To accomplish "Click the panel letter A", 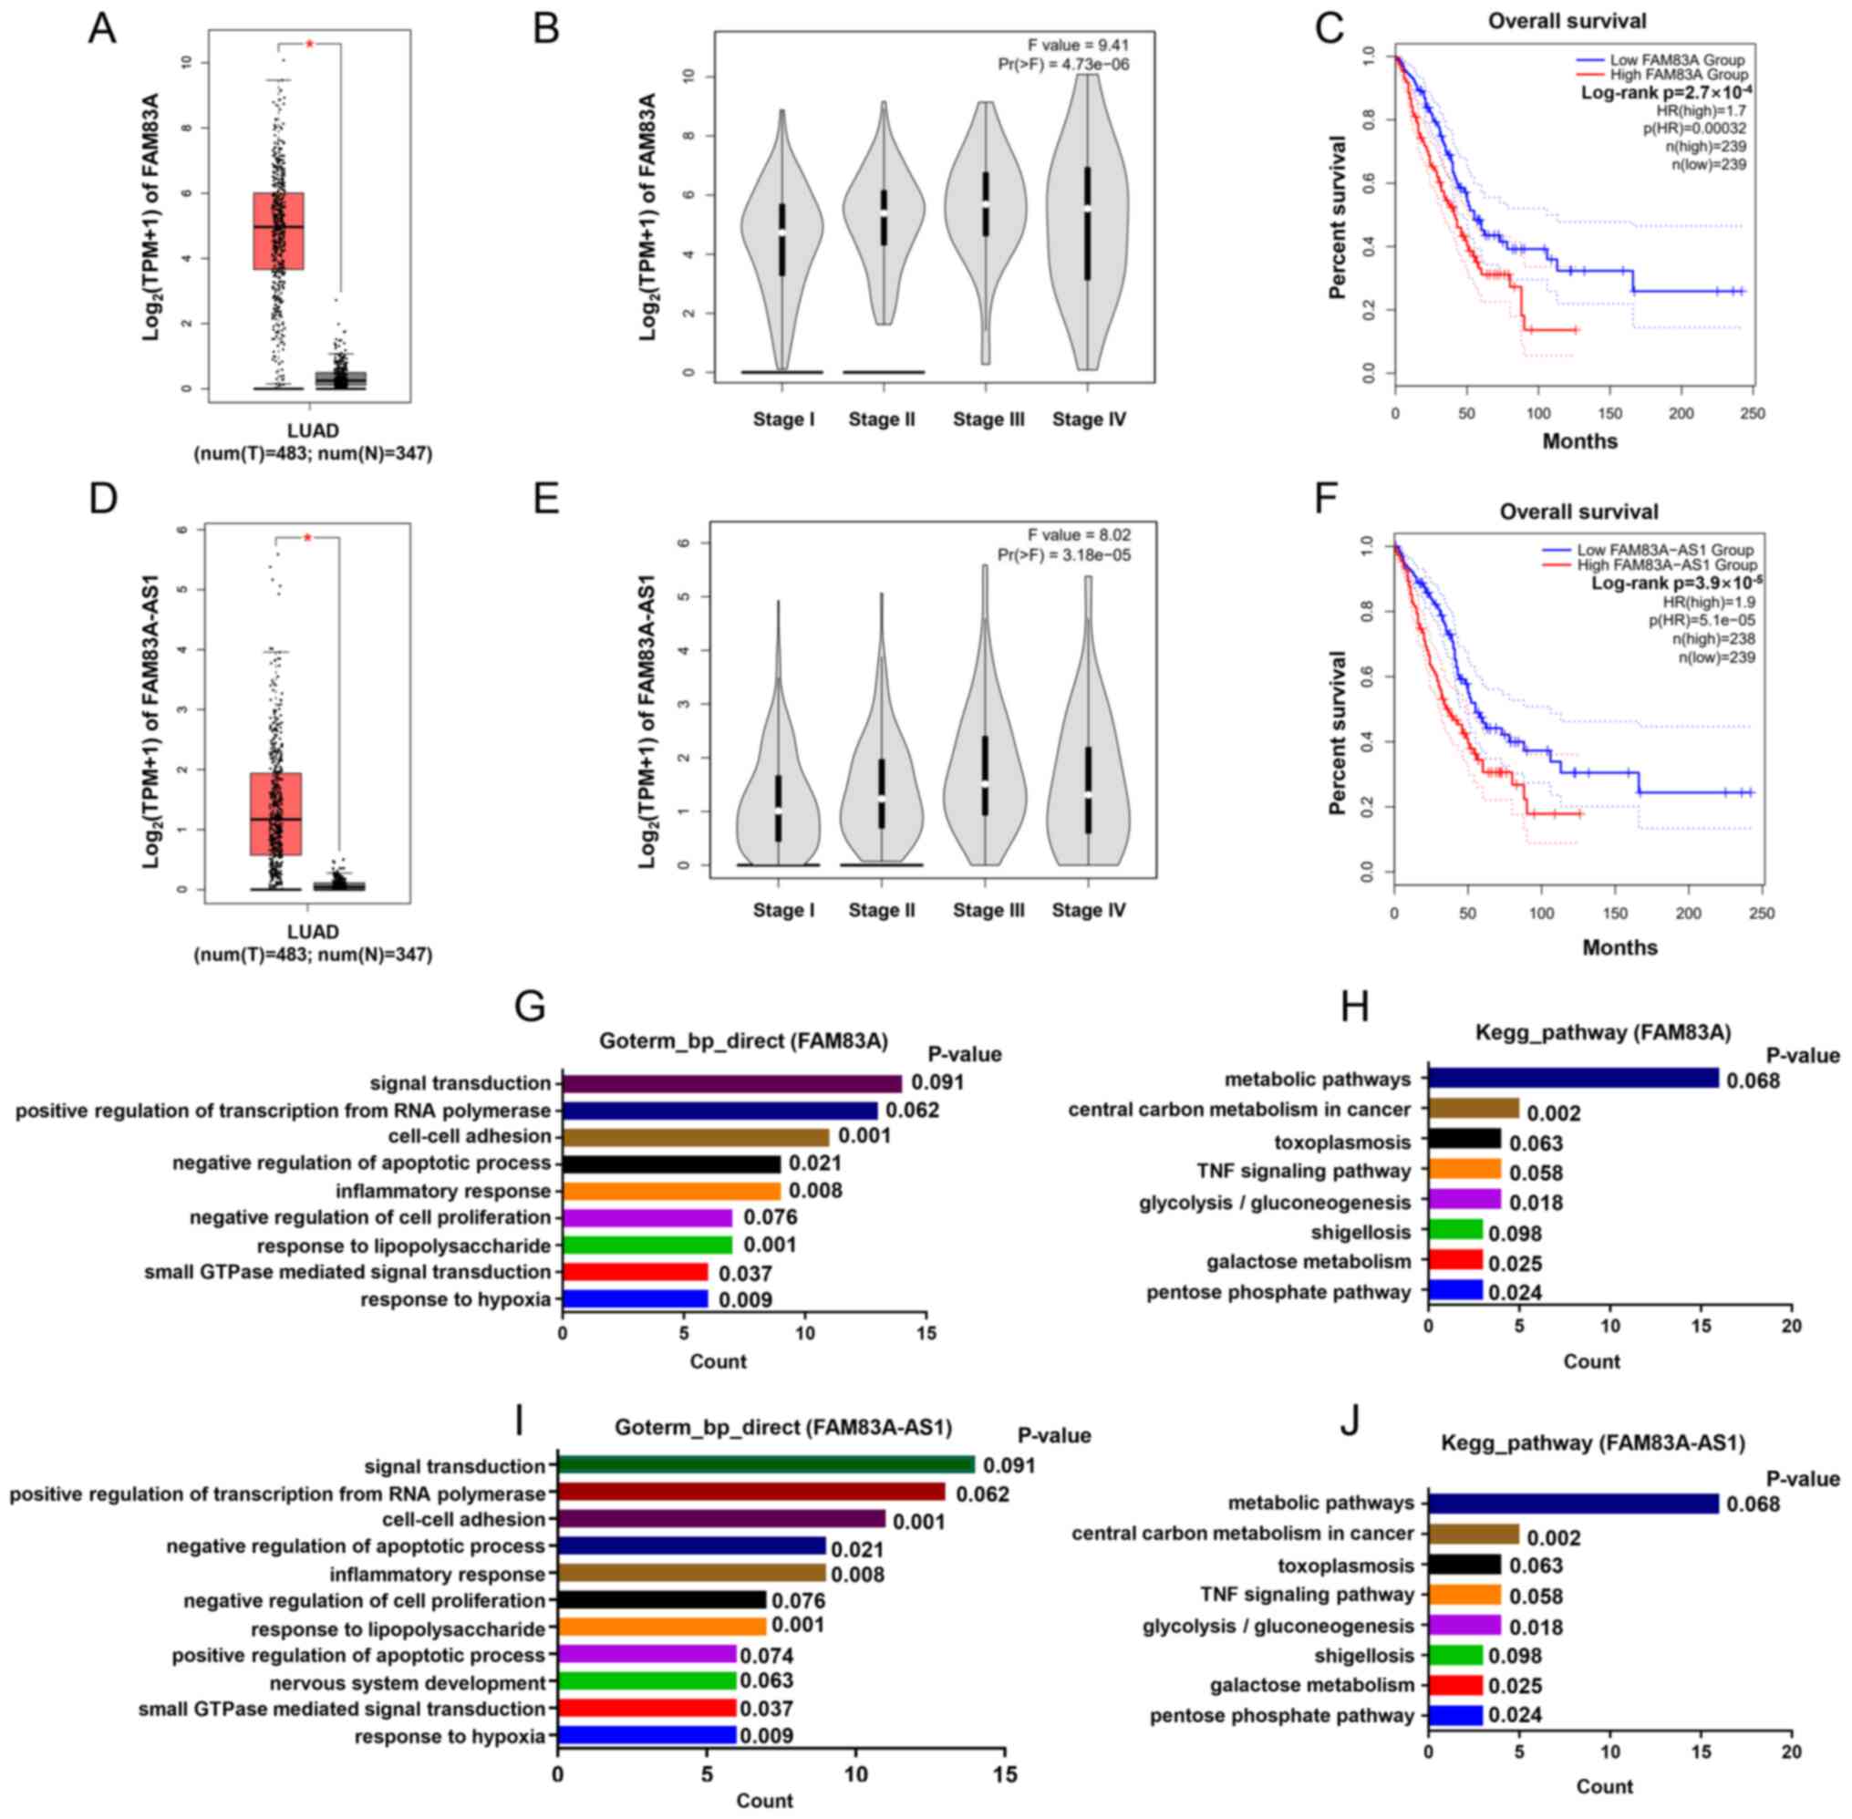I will [x=102, y=28].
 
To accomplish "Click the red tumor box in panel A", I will [x=278, y=232].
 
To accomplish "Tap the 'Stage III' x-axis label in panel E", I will [x=988, y=911].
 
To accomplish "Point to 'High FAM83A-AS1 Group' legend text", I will [x=1667, y=564].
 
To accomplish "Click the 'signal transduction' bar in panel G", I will [x=732, y=1083].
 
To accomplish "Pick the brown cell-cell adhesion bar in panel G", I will [x=696, y=1137].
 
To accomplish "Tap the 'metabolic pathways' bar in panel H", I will [x=1573, y=1079].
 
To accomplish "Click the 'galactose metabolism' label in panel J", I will [x=1311, y=1685].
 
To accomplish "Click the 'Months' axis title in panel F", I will [x=1619, y=947].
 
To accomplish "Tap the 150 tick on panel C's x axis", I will [x=1610, y=414].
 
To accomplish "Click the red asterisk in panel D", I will [x=307, y=538].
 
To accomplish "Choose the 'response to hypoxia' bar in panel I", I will [x=647, y=1735].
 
